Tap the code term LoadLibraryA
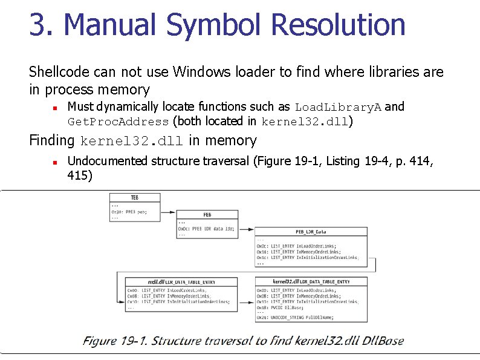pos(338,108)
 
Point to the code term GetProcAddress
pos(118,122)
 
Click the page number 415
pos(80,177)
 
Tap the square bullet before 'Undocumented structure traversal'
pos(54,162)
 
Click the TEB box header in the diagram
pos(134,198)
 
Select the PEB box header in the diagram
pos(206,215)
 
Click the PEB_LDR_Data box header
pos(311,232)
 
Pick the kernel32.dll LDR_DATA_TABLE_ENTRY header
pos(311,281)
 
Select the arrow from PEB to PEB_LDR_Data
pos(245,229)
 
